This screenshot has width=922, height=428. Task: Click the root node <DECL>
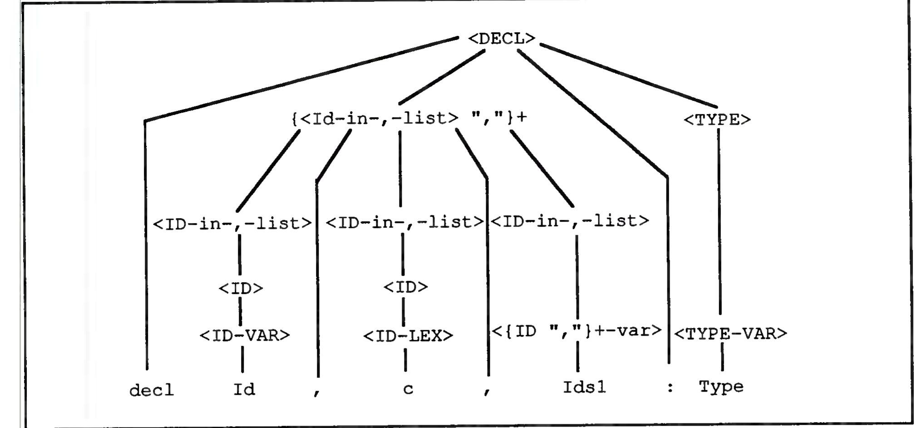(502, 39)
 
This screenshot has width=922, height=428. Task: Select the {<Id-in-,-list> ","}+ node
(409, 118)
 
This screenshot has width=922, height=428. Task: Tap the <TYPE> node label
(717, 120)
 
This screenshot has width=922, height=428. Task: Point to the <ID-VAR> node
(245, 335)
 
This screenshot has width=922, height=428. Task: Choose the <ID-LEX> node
(408, 336)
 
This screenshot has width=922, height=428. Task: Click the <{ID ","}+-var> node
(577, 331)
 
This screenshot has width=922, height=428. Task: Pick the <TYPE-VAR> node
(730, 334)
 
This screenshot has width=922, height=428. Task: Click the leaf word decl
(152, 390)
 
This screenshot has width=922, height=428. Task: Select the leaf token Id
(244, 389)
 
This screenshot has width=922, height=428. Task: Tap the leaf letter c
(408, 389)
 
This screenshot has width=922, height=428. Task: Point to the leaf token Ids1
(584, 387)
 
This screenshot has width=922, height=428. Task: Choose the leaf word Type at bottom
(721, 387)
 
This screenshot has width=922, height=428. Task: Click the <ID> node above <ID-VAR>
(241, 289)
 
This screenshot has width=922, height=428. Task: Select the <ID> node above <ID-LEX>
(406, 287)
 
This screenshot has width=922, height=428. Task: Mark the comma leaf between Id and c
(316, 392)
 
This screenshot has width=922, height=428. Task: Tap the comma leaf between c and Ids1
(487, 391)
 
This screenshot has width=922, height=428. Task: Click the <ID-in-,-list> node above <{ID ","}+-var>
(570, 221)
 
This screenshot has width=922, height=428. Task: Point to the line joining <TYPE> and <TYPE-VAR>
(720, 222)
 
